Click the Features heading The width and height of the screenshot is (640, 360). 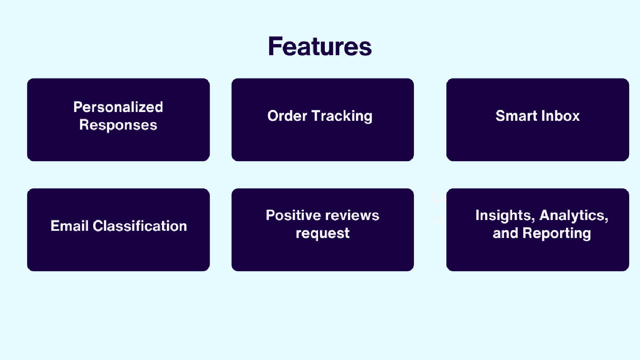320,46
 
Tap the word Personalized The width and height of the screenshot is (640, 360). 118,107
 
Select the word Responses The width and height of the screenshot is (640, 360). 118,125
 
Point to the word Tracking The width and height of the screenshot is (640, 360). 342,116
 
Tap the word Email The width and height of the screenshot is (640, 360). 70,226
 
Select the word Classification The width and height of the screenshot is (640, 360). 140,226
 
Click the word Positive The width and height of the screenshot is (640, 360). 293,215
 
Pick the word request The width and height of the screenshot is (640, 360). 322,234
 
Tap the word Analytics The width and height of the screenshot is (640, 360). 574,216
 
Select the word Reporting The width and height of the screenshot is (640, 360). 556,234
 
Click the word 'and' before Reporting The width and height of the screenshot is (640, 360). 506,233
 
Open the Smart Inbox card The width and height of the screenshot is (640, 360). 538,120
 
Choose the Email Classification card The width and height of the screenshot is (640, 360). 118,230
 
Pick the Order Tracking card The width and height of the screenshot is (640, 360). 322,120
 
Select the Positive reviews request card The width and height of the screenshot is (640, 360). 322,230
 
